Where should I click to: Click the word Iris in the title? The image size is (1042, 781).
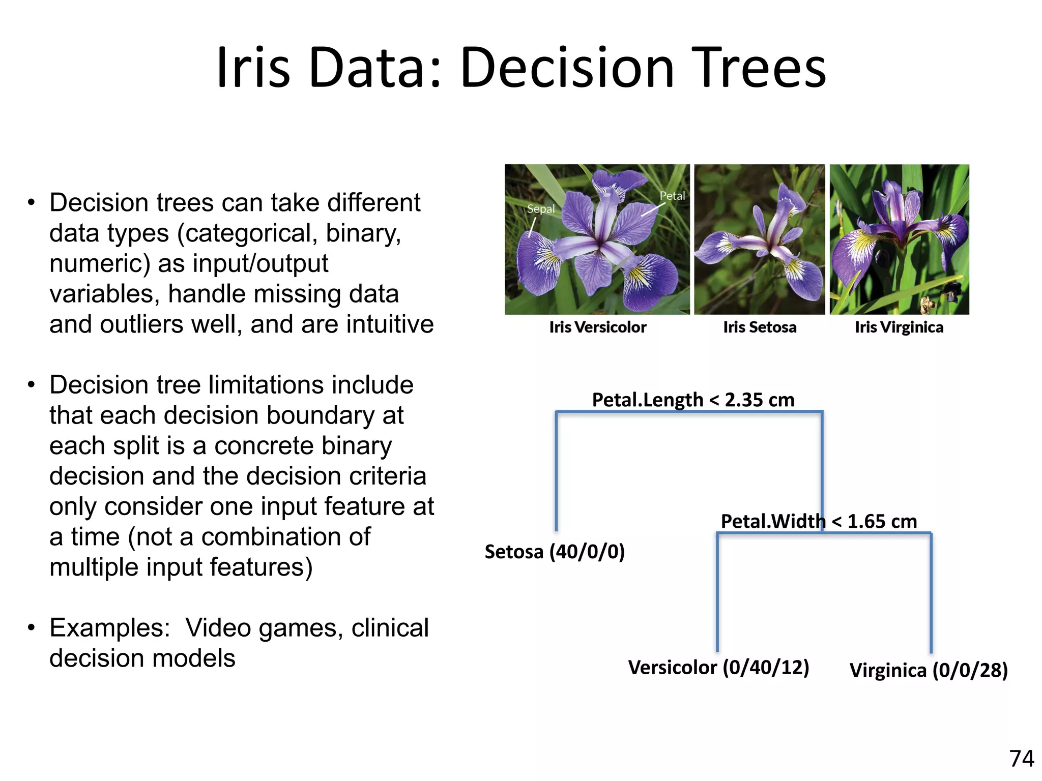point(253,68)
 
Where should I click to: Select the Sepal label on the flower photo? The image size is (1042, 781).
point(540,209)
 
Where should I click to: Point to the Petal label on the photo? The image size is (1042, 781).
point(672,196)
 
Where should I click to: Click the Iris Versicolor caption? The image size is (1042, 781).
point(597,327)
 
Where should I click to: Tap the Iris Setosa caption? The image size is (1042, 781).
point(760,327)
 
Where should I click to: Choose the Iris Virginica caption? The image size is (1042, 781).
point(899,327)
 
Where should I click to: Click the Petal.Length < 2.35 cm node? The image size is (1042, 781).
point(693,400)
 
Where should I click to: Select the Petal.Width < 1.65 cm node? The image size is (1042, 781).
point(819,521)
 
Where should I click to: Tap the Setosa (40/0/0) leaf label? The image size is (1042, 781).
point(555,552)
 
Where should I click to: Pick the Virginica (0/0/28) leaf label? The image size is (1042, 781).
point(929,670)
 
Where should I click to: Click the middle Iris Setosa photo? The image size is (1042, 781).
point(759,239)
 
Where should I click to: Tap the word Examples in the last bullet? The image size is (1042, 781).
point(109,628)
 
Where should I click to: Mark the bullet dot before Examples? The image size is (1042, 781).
point(32,628)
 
